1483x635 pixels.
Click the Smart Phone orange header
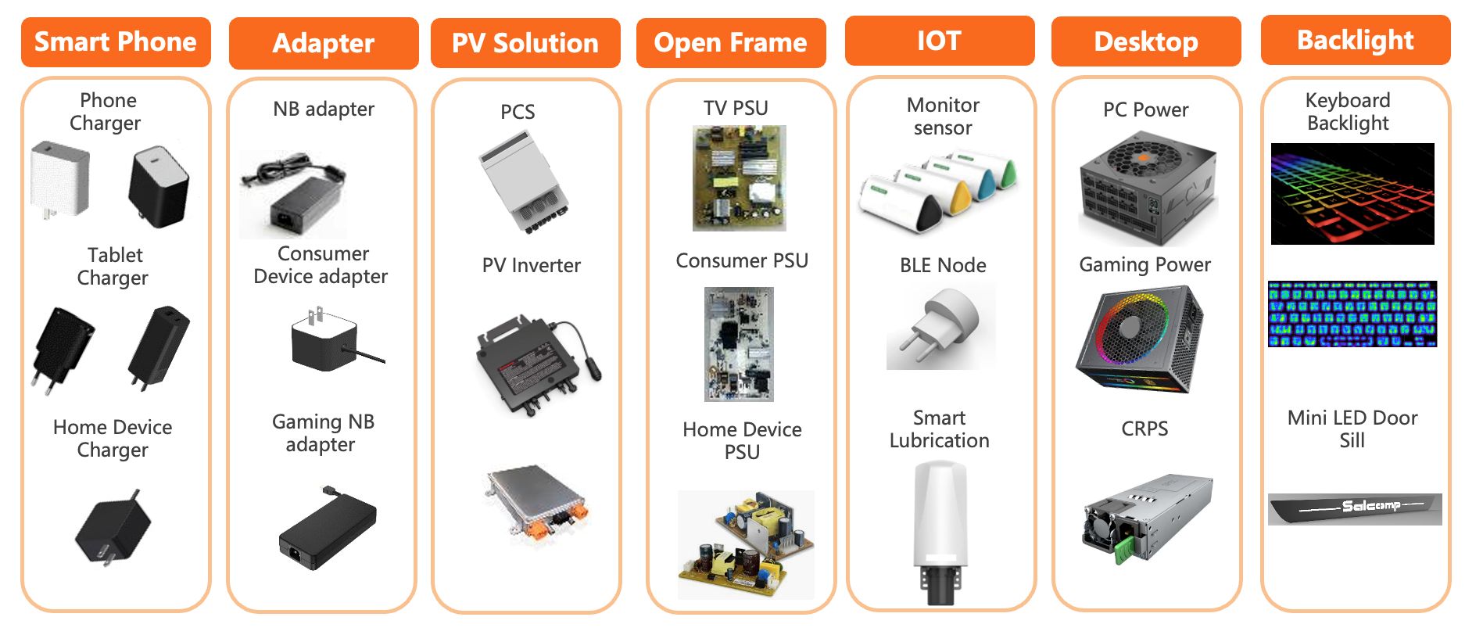[116, 42]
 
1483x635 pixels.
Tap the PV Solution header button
[525, 43]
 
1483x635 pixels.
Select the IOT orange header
[939, 41]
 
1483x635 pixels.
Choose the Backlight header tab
[1355, 41]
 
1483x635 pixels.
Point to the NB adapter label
[324, 109]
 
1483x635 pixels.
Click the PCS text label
[518, 112]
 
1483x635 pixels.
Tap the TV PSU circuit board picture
[739, 178]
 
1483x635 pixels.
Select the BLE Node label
[943, 266]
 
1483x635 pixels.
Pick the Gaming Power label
[1144, 265]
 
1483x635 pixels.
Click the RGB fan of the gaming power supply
[1131, 328]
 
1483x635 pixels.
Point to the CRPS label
[1144, 429]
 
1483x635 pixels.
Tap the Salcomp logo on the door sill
[1370, 506]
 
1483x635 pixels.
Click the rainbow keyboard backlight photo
[1352, 194]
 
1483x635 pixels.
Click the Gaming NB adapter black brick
[328, 529]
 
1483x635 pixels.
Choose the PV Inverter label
[532, 266]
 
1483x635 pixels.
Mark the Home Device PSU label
[742, 441]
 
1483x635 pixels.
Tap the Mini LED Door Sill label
[1352, 429]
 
